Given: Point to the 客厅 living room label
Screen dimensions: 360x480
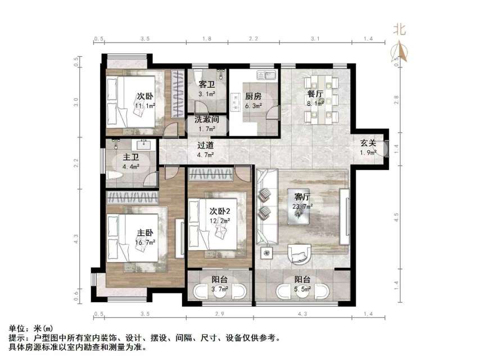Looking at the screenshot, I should (x=303, y=197).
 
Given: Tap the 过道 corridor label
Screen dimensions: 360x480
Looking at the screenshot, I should (x=206, y=145).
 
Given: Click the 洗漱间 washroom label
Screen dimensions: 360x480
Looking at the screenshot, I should (x=206, y=119).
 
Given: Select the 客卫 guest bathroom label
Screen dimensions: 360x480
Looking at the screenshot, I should (x=206, y=84).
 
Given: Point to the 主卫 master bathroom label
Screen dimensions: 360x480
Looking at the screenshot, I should (x=131, y=157).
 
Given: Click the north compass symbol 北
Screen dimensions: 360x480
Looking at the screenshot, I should (x=400, y=28).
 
